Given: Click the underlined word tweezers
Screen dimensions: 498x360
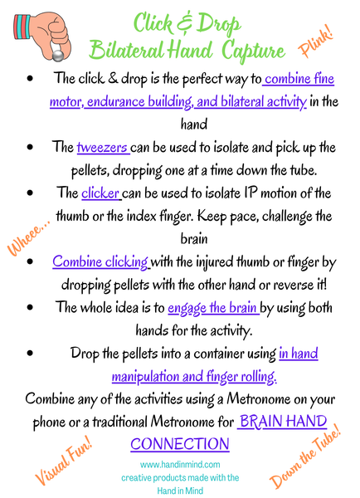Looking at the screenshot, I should click(102, 149).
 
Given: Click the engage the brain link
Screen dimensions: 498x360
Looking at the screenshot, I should click(212, 307).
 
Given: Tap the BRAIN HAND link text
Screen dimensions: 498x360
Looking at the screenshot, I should click(283, 422).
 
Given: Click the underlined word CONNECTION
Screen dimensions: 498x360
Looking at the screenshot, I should click(179, 443).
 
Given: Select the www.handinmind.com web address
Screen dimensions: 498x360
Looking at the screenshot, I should click(179, 465).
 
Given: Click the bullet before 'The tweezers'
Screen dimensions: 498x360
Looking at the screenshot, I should click(31, 149).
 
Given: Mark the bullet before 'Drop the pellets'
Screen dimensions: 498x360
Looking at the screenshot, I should click(31, 354).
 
